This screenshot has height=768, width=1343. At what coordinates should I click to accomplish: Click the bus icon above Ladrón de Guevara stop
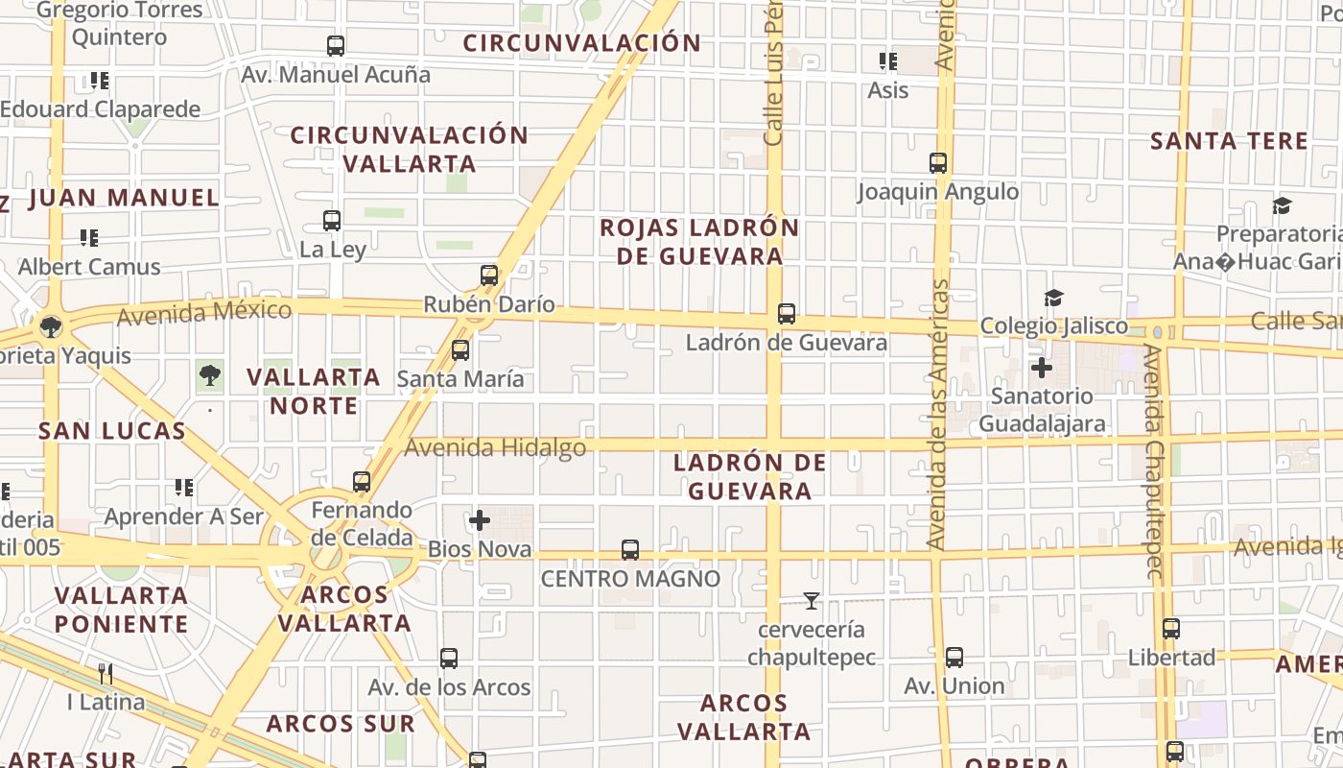[787, 314]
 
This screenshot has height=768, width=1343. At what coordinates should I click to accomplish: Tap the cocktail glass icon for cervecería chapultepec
[812, 602]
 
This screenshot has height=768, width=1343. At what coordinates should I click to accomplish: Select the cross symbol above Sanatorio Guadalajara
[1042, 367]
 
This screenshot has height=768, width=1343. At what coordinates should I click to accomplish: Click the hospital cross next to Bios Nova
[480, 521]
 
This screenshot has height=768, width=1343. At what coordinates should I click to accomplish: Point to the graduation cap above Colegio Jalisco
[1053, 298]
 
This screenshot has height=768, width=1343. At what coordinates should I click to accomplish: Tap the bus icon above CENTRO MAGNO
[630, 550]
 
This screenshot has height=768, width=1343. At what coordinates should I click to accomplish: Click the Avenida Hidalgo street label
[495, 447]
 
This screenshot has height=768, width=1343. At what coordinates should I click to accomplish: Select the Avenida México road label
[204, 312]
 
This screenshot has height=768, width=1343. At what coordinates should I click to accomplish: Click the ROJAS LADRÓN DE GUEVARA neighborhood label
[699, 242]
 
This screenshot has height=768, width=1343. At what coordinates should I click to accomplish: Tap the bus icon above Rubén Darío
[489, 276]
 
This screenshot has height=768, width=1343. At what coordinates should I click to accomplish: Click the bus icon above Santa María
[460, 350]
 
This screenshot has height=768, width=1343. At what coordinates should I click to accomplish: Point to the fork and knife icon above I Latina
[106, 674]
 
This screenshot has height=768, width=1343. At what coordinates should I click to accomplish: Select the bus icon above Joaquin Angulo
[938, 163]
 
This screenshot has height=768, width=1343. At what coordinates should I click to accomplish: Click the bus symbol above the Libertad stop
[1171, 630]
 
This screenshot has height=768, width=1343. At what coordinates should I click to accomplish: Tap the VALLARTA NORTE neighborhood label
[314, 392]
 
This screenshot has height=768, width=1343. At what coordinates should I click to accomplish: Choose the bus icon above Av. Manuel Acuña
[336, 46]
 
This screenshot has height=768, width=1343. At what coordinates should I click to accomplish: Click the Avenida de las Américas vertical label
[938, 415]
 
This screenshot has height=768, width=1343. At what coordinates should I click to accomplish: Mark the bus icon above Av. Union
[954, 658]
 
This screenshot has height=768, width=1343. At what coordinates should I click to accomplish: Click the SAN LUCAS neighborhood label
[112, 431]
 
